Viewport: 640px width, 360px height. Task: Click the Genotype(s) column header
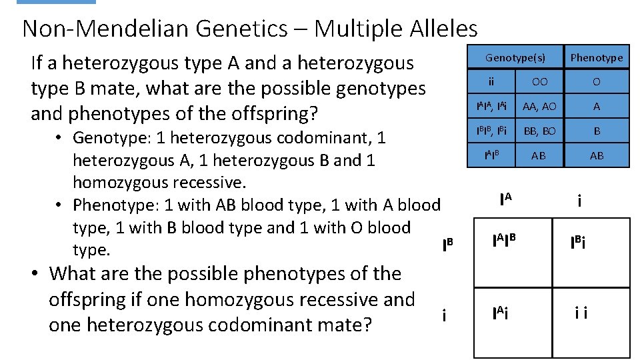point(515,58)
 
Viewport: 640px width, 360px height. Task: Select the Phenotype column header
point(596,58)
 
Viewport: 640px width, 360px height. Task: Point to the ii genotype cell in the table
point(491,81)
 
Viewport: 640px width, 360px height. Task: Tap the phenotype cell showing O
point(596,81)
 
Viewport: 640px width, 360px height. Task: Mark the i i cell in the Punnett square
point(581,313)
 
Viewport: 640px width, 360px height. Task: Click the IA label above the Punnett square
point(507,199)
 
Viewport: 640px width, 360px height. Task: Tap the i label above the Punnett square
point(579,200)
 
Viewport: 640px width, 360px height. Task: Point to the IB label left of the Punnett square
point(447,245)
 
